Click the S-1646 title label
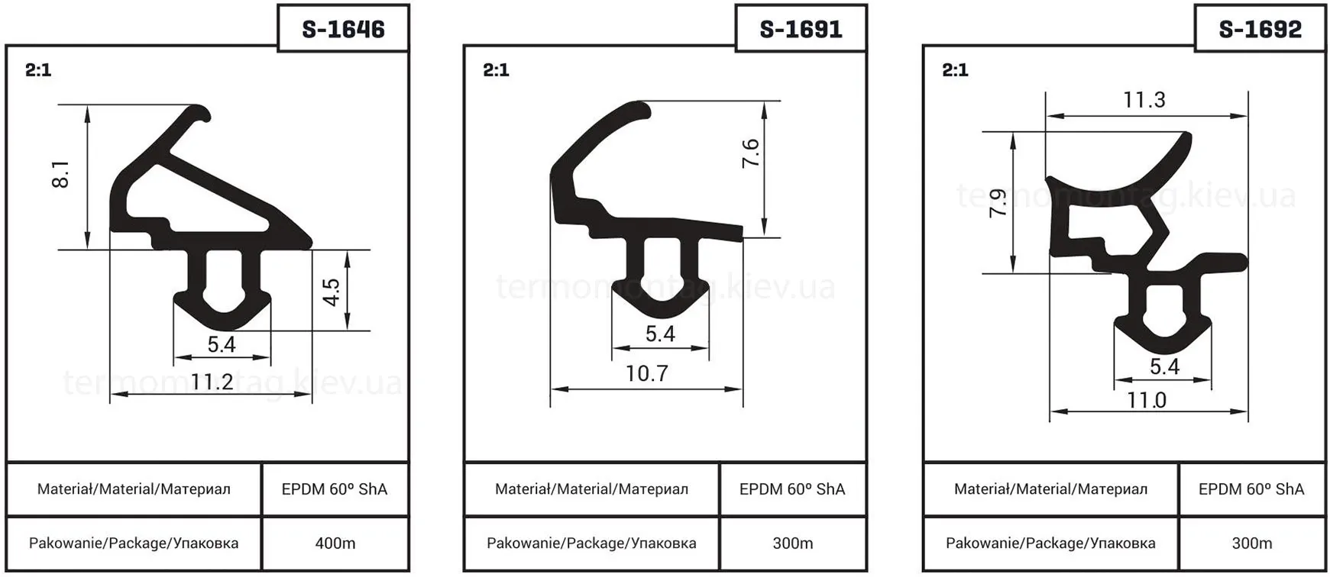344,29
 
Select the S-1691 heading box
801,29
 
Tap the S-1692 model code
1260,29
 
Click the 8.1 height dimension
61,175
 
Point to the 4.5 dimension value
331,292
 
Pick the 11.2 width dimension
212,381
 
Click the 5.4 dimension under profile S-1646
222,344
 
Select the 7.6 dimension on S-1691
751,153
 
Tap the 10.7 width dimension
647,373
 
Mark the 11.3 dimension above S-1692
1144,100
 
